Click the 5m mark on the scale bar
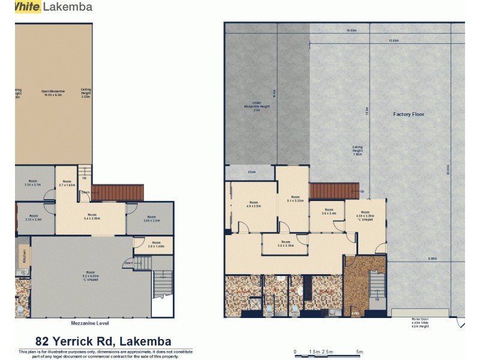point(359,352)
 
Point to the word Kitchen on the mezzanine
point(25,257)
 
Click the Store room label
point(251,173)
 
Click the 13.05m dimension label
point(394,41)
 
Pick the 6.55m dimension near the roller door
point(432,259)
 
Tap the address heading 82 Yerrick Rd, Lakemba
point(103,341)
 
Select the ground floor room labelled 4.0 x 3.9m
point(254,207)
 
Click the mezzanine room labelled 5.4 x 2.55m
point(92,217)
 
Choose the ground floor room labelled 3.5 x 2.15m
point(284,245)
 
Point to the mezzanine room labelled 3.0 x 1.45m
point(155,244)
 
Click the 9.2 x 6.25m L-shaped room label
point(90,278)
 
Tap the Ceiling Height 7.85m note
point(357,150)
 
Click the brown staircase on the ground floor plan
point(333,191)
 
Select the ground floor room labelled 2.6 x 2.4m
point(328,212)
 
